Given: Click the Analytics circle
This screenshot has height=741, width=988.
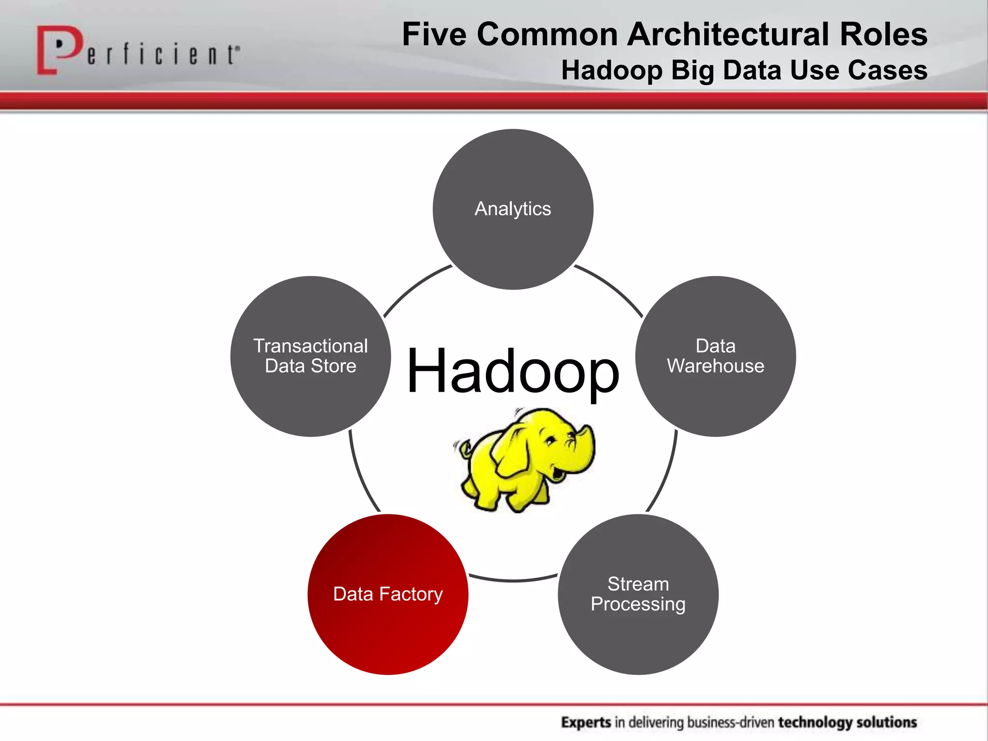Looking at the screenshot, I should [x=513, y=209].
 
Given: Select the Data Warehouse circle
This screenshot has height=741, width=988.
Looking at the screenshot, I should [x=715, y=356].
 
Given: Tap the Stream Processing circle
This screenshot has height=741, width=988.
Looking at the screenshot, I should [x=638, y=594].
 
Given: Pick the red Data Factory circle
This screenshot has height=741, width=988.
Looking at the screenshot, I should [x=388, y=594].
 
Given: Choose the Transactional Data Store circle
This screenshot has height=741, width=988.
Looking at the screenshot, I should [x=311, y=356].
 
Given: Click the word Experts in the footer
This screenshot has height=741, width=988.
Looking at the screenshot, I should [x=586, y=722].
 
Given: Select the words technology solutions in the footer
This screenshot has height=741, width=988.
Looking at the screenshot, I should [x=847, y=722].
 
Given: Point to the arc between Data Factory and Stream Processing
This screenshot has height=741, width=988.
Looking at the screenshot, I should [x=513, y=580].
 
